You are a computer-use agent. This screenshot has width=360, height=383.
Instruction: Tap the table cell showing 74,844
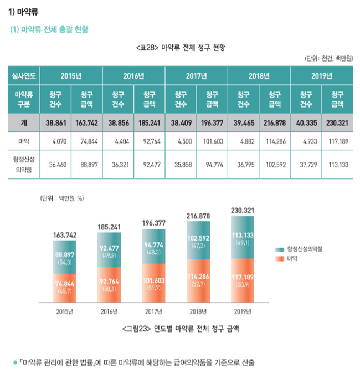pyautogui.click(x=88, y=141)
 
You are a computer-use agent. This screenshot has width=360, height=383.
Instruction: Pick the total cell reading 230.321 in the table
pyautogui.click(x=337, y=123)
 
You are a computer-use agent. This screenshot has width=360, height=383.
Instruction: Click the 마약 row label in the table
pyautogui.click(x=20, y=141)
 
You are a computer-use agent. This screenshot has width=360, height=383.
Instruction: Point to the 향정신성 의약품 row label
pyautogui.click(x=20, y=164)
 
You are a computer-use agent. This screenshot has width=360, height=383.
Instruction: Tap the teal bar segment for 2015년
pyautogui.click(x=65, y=257)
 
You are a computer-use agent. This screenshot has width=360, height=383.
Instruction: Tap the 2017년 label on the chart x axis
pyautogui.click(x=154, y=311)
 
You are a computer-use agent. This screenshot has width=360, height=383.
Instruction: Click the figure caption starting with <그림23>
pyautogui.click(x=180, y=329)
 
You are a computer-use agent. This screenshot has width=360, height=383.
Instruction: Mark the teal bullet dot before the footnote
pyautogui.click(x=15, y=363)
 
